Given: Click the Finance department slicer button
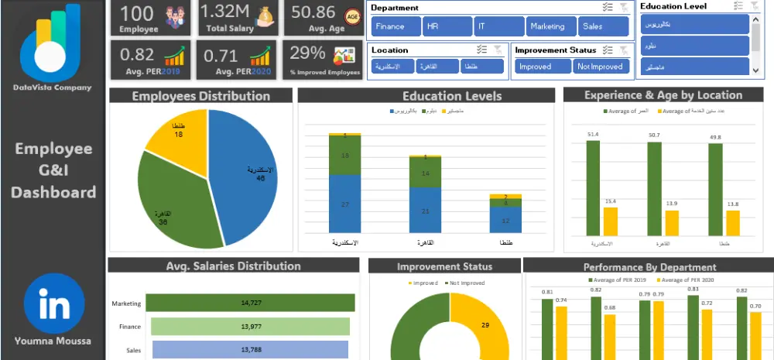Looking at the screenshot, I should coord(396,26).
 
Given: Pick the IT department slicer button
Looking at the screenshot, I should coord(498,26).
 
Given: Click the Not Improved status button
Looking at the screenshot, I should coord(601,67).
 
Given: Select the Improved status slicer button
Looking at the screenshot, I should coord(543,67).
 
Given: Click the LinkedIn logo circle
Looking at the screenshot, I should coord(53,302).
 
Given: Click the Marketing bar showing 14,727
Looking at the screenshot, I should coord(250,303).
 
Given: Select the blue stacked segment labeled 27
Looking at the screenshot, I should coord(344,204).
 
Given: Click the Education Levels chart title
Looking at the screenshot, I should coord(426,96).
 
